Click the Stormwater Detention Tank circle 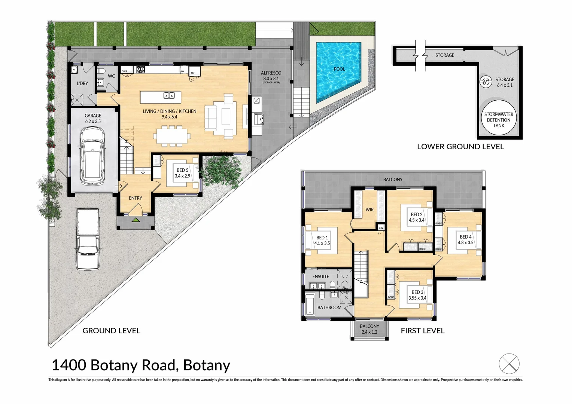499,119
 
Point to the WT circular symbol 486,82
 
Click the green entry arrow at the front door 136,220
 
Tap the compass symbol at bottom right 509,364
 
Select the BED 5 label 182,170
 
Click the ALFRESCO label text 271,73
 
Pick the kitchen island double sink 169,95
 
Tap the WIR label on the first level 369,209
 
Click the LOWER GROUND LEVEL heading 460,147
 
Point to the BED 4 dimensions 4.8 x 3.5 465,242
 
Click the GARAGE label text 93,116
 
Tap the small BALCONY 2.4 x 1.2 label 369,329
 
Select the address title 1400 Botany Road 141,365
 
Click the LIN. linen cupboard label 381,228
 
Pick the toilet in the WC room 101,71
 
